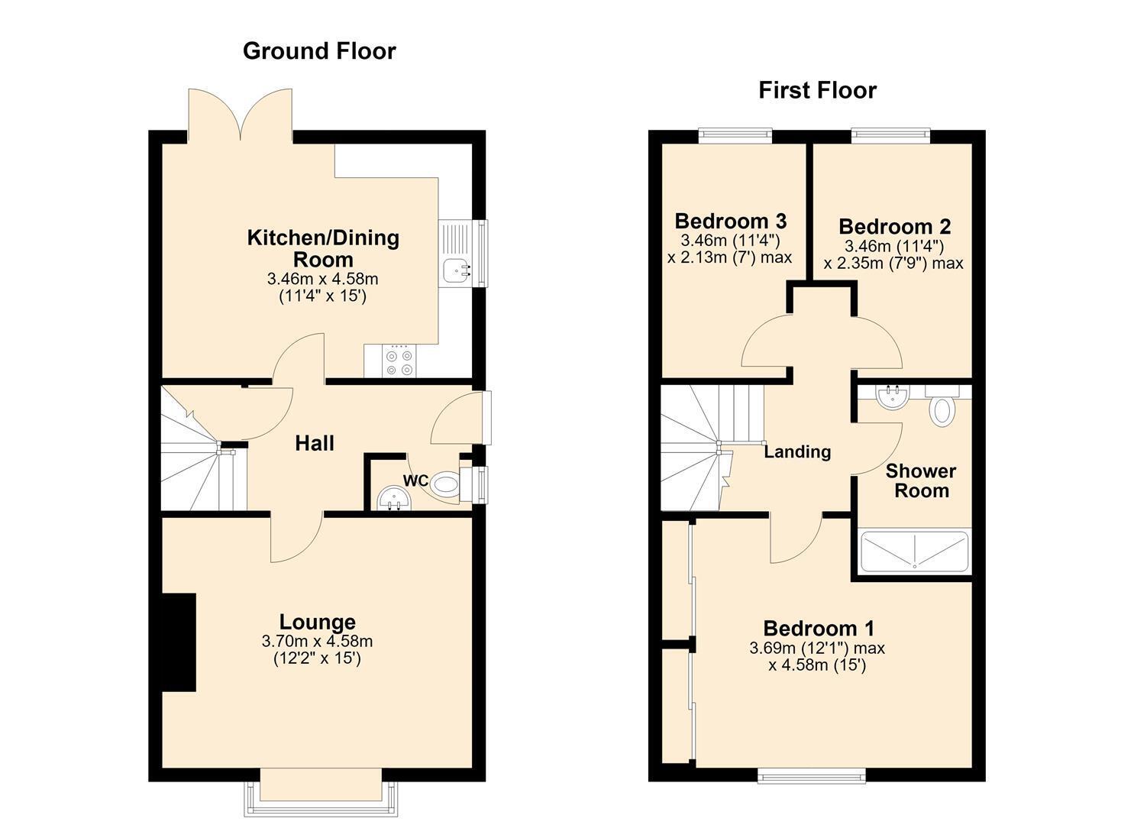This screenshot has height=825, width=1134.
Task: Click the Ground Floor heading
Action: click(319, 51)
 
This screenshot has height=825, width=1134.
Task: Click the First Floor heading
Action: click(818, 91)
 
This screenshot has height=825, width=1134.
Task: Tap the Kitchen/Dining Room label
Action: click(323, 248)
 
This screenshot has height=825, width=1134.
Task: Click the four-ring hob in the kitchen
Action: click(399, 362)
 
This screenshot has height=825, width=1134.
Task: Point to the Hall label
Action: click(315, 443)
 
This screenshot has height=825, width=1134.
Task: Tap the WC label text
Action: click(415, 480)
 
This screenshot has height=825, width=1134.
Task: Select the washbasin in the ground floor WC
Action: click(394, 498)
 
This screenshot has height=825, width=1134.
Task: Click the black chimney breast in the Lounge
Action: click(179, 642)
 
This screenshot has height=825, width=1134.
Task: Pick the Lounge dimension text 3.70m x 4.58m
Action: click(317, 641)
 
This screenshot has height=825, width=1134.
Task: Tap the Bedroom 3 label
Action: click(731, 221)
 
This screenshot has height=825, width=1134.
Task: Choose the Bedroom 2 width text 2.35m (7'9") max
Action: click(893, 264)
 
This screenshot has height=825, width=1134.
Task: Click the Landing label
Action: click(797, 451)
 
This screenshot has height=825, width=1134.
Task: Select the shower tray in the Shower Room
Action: click(915, 550)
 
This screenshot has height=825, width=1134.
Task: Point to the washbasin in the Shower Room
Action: click(893, 396)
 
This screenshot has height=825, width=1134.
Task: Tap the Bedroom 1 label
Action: click(819, 629)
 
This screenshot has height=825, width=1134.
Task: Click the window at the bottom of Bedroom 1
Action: click(812, 776)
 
